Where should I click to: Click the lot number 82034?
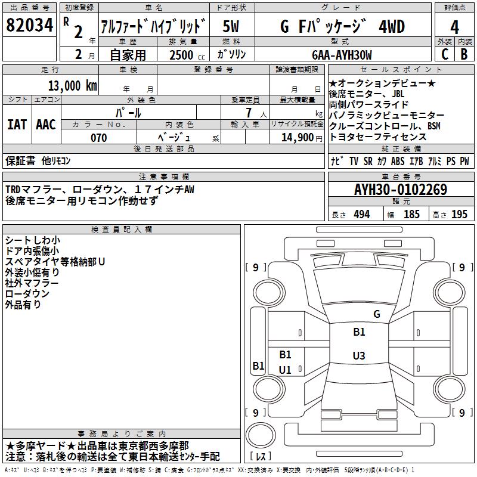pyautogui.click(x=29, y=25)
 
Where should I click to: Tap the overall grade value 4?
pyautogui.click(x=454, y=27)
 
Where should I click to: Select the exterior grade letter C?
pyautogui.click(x=445, y=54)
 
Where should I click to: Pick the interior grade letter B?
pyautogui.click(x=464, y=54)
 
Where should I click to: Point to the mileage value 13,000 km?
pyautogui.click(x=73, y=85)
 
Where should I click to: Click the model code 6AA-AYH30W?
pyautogui.click(x=342, y=55)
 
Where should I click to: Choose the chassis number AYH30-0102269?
pyautogui.click(x=401, y=190)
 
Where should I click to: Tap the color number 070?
pyautogui.click(x=99, y=138)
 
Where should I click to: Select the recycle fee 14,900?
pyautogui.click(x=297, y=138)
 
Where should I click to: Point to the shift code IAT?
pyautogui.click(x=17, y=125)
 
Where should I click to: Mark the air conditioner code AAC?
pyautogui.click(x=46, y=125)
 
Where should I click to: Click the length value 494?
pyautogui.click(x=362, y=214)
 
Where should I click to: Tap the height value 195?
pyautogui.click(x=459, y=214)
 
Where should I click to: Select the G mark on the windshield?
pyautogui.click(x=377, y=314)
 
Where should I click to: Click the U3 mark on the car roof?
pyautogui.click(x=359, y=355)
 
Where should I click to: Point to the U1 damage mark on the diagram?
pyautogui.click(x=285, y=370)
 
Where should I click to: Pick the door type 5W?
pyautogui.click(x=231, y=26)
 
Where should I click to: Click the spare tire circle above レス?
pyautogui.click(x=261, y=435)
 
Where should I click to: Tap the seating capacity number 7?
pyautogui.click(x=249, y=113)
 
